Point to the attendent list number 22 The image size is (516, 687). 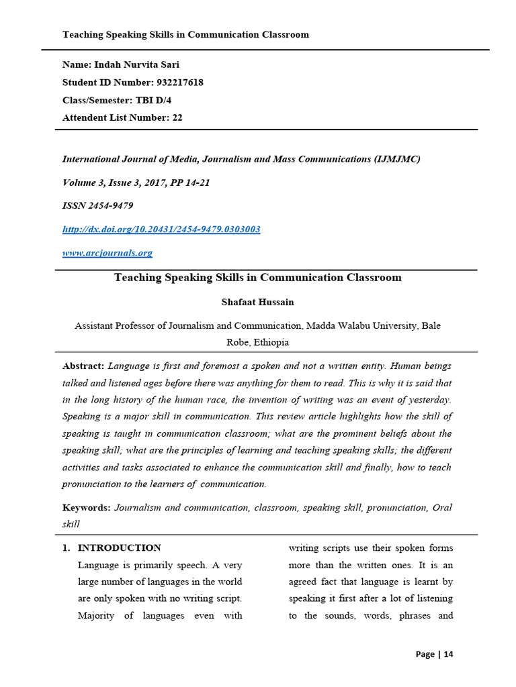click(177, 117)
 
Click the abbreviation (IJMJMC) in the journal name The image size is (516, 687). click(396, 159)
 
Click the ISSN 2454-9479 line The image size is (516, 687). click(97, 206)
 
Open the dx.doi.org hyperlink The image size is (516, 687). click(161, 229)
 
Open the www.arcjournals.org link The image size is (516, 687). click(107, 253)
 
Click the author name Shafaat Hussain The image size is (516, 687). click(257, 302)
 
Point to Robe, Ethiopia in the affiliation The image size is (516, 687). click(257, 342)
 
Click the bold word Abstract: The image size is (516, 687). click(83, 366)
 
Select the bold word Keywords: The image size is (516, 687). click(86, 508)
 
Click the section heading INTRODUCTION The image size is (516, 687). click(120, 548)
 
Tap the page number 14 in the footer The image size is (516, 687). click(448, 655)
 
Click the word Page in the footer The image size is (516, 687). click(425, 655)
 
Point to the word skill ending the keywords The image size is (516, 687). click(71, 524)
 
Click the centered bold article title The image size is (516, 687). click(257, 278)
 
